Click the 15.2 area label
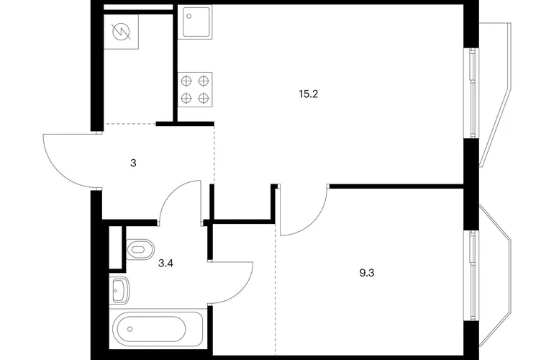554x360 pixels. click(x=309, y=94)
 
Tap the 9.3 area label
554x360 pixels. click(x=367, y=273)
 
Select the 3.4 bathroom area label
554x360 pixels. click(x=165, y=263)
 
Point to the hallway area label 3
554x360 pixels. click(x=133, y=163)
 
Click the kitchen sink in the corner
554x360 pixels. click(x=197, y=22)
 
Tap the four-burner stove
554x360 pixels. click(x=195, y=89)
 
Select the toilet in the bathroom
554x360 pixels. click(x=140, y=249)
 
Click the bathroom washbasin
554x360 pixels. click(x=119, y=290)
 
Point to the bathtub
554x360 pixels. click(x=158, y=329)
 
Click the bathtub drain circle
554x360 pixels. click(x=130, y=329)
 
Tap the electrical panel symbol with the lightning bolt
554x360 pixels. click(x=121, y=32)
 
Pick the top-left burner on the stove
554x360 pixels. click(x=186, y=81)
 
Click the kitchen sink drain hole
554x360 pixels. click(x=189, y=16)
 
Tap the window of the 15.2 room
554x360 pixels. click(x=472, y=93)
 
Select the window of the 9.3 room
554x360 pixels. click(x=472, y=276)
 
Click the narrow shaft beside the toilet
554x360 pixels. click(x=115, y=247)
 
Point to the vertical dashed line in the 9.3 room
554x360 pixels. click(x=276, y=289)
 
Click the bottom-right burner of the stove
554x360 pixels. click(x=204, y=98)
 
